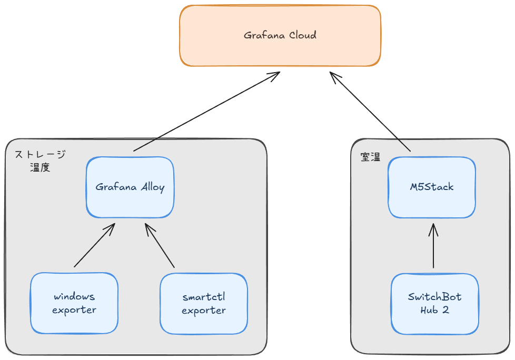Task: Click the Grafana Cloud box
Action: tap(280, 35)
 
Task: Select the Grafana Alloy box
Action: tap(130, 187)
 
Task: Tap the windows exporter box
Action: tap(74, 303)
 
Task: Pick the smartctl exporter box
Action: tap(203, 303)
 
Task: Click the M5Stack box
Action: tap(432, 187)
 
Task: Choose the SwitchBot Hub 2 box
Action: tap(434, 303)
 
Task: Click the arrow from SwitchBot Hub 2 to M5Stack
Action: tap(433, 247)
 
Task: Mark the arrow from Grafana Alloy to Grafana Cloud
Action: tap(207, 112)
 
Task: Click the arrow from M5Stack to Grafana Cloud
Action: tap(370, 112)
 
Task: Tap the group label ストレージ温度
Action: tap(40, 161)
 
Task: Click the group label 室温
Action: tap(370, 157)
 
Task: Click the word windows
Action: tap(74, 297)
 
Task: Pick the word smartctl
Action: tap(204, 297)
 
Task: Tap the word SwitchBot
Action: tap(434, 297)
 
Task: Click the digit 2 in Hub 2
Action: tap(445, 310)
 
